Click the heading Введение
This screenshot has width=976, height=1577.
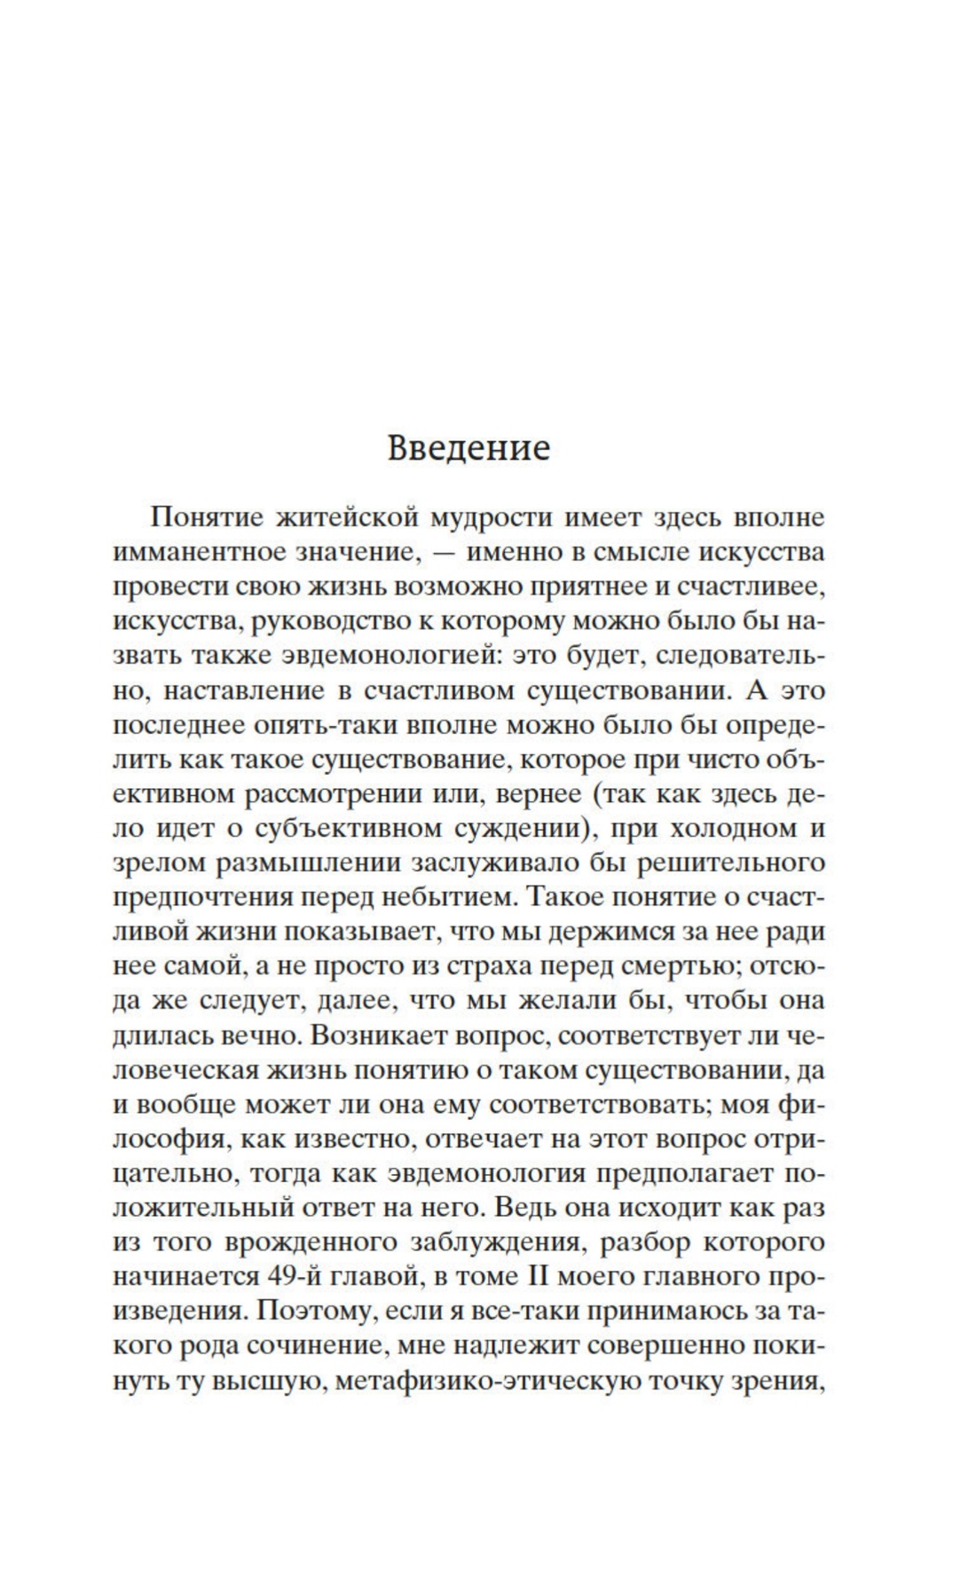[468, 448]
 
